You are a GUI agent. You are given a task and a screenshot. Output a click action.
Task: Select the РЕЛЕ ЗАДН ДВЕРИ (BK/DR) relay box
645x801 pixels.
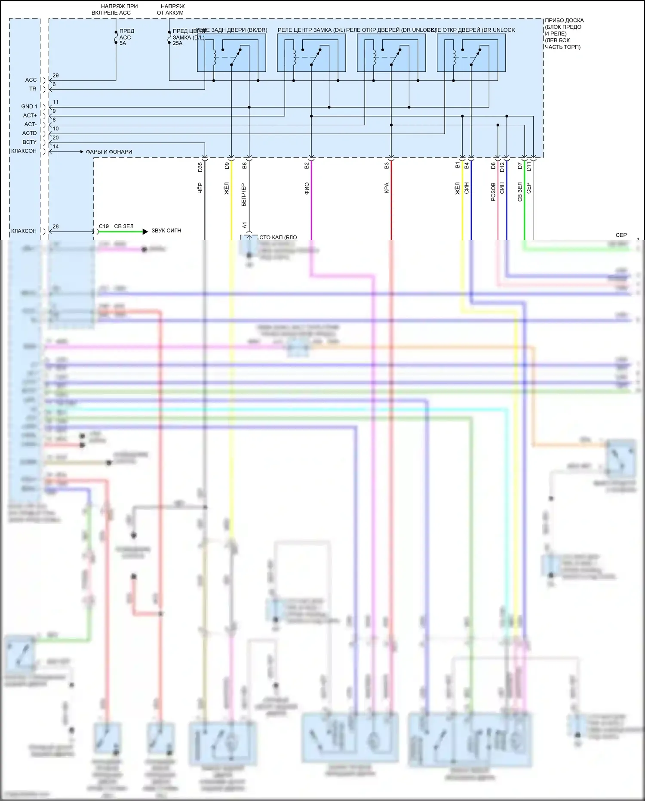(231, 53)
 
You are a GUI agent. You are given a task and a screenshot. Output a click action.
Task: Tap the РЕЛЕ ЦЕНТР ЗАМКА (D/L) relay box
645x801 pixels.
(311, 53)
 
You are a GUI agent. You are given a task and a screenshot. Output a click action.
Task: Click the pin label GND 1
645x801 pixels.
(29, 106)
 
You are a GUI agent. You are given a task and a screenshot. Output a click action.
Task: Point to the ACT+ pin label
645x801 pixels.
(30, 115)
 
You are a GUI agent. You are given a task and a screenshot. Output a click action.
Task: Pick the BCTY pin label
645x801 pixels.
(29, 142)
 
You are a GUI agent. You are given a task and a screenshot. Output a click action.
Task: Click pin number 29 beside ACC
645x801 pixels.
(55, 76)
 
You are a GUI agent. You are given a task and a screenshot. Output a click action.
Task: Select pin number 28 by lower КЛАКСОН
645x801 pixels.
(55, 227)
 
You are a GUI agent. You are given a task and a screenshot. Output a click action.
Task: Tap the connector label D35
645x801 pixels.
(200, 167)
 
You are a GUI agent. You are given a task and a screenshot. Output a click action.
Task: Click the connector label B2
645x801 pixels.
(307, 165)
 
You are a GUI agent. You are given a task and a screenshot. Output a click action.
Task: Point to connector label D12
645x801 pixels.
(502, 167)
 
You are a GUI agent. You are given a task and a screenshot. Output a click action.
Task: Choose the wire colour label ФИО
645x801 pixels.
(307, 189)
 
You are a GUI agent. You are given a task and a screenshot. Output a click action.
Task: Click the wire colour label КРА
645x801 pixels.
(387, 188)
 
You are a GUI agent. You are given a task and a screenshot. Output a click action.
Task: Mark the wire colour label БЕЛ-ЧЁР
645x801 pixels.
(244, 195)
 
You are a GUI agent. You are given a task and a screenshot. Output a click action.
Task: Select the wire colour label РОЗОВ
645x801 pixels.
(493, 192)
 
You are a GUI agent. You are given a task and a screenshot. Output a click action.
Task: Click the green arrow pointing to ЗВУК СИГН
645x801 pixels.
(123, 232)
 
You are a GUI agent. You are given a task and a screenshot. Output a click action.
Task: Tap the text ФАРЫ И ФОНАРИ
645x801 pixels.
(109, 152)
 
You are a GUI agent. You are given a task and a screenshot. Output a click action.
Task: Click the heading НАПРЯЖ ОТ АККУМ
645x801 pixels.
(171, 9)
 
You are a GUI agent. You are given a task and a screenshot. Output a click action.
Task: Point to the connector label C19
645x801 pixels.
(104, 226)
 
